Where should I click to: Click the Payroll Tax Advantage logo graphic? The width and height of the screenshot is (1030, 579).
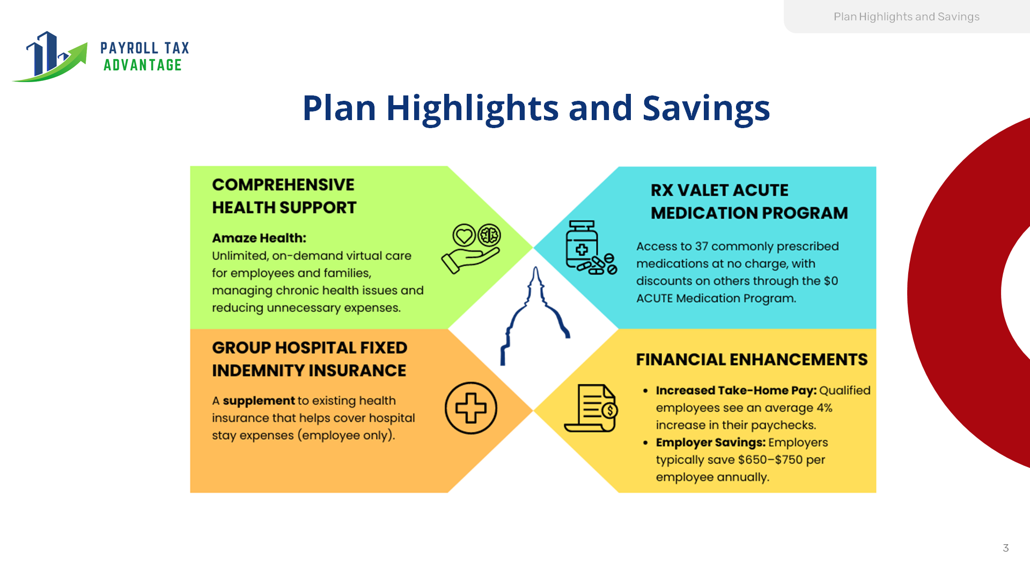(49, 57)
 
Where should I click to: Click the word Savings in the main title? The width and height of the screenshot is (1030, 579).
(706, 109)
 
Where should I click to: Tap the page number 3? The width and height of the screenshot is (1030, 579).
(1006, 548)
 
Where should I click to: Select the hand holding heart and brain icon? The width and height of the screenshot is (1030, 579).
(471, 249)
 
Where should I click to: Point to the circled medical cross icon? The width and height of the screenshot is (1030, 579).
(471, 408)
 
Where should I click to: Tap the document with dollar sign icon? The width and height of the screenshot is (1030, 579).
(591, 408)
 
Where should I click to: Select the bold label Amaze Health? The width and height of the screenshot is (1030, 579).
(259, 238)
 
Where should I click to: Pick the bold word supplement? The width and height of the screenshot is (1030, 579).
(259, 401)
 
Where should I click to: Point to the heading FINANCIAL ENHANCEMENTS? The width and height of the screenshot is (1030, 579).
(752, 359)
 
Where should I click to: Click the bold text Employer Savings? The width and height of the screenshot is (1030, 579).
(711, 443)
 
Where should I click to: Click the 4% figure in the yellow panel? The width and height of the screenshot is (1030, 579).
(825, 408)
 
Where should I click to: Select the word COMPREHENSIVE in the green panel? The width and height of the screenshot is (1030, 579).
(283, 185)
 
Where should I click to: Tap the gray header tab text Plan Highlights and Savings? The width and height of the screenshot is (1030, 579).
(907, 17)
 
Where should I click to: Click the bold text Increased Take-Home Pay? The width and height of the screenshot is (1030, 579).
(736, 391)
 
